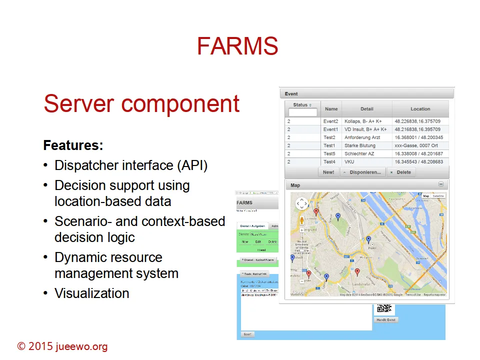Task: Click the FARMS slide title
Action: coord(237,46)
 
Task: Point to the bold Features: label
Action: coord(73,145)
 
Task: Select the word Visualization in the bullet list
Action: coord(91,293)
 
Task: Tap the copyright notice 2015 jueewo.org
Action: coord(62,346)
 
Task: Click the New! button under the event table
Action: coord(328,172)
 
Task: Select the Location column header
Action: coord(420,109)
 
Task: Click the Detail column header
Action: coord(366,109)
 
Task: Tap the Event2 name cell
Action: coord(330,121)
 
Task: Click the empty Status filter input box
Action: coord(303,112)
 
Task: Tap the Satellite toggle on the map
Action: coord(438,196)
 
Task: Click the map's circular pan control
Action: coord(302,203)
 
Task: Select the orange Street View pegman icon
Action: coord(301,219)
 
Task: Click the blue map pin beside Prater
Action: coord(368,239)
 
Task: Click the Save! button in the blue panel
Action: coord(247,334)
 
